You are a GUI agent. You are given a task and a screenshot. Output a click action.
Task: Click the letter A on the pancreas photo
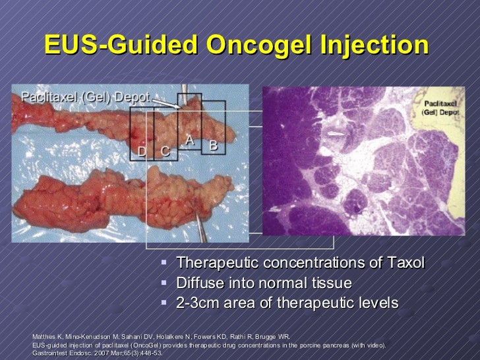(189, 140)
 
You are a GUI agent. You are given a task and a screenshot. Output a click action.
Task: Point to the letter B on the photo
(213, 145)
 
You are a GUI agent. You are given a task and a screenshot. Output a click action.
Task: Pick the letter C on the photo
(165, 152)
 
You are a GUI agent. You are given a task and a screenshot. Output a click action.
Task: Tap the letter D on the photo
(141, 152)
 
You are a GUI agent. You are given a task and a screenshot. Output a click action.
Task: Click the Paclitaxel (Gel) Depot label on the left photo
(86, 96)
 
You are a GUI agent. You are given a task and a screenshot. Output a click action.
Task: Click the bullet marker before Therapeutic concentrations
(165, 263)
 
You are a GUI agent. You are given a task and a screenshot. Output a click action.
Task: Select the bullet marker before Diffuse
(165, 283)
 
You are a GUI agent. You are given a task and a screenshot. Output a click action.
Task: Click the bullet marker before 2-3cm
(165, 303)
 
